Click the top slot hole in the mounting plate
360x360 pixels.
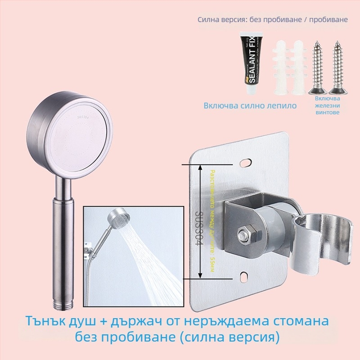[x=247, y=161]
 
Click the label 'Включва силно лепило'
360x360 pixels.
[x=250, y=106]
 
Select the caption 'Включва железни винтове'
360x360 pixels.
[x=327, y=105]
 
